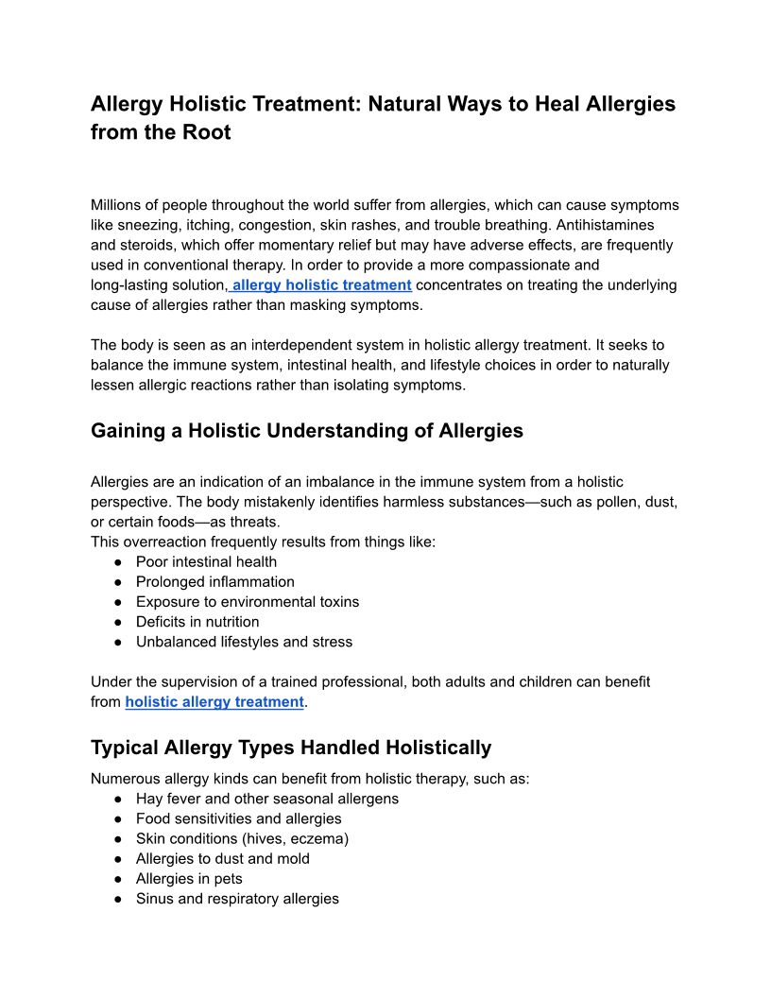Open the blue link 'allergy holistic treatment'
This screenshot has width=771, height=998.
pos(321,284)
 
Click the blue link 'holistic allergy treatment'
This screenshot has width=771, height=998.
pos(214,701)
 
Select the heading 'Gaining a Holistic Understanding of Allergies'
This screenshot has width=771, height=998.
pos(307,431)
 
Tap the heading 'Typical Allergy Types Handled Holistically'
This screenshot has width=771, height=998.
pos(291,748)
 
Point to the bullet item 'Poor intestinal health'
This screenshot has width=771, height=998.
pos(206,561)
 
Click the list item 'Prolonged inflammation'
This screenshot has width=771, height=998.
pos(214,581)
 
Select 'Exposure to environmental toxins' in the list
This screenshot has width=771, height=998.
pos(247,601)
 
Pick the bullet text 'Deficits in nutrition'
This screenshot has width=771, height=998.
pos(197,621)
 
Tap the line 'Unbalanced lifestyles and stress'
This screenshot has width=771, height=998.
pos(244,641)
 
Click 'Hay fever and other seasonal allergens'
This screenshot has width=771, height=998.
pos(266,799)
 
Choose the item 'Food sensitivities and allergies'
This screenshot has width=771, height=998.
pos(238,818)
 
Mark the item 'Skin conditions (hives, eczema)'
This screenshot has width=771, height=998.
pos(242,838)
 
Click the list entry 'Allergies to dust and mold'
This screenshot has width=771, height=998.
pos(222,858)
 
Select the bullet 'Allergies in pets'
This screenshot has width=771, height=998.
pos(189,878)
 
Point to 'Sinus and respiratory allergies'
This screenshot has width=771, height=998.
pos(237,898)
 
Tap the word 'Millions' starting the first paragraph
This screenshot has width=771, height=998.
pos(118,205)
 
